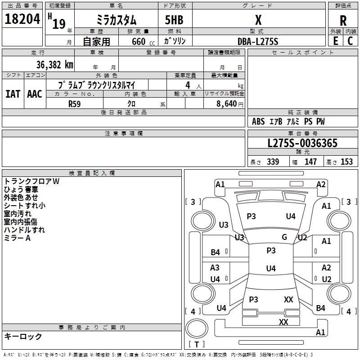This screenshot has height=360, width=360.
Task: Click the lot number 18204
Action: point(22,19)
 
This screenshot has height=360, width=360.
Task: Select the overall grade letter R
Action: point(343,20)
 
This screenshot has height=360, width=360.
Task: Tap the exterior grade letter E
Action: point(335,40)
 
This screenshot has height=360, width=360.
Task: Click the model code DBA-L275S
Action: point(258,41)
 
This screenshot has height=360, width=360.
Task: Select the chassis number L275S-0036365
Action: point(302,143)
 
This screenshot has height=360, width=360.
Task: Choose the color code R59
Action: point(75,103)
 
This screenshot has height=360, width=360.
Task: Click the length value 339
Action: point(273,162)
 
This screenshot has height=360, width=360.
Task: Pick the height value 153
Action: point(346,162)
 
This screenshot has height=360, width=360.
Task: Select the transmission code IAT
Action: point(13,94)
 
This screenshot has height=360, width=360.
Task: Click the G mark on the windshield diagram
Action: point(284,237)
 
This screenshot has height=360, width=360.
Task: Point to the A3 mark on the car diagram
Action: point(215,267)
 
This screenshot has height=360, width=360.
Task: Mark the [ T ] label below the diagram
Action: point(197,344)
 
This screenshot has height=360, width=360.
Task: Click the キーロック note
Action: point(23,336)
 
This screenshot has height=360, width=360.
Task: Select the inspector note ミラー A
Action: point(17,238)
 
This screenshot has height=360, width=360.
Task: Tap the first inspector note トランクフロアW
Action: point(31,181)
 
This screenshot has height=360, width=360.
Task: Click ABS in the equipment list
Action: point(258,121)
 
